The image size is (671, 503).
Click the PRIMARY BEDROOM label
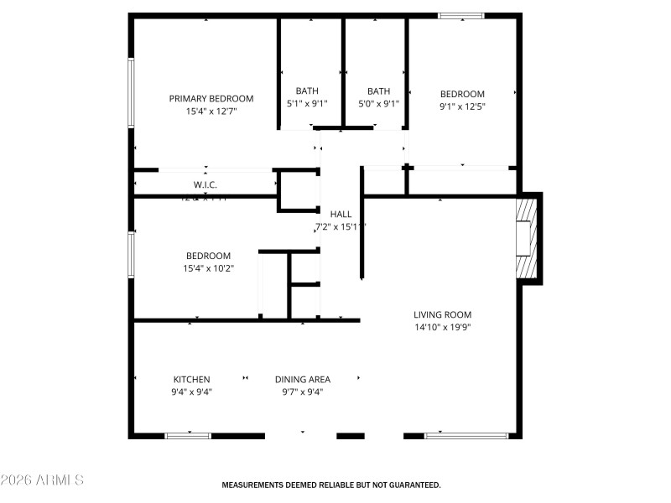(211, 98)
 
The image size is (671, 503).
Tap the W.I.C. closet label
(205, 184)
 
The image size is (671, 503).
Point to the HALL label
(341, 214)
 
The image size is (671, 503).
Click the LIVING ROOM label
(442, 314)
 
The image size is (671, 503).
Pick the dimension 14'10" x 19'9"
(442, 327)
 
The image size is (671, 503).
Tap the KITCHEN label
(191, 379)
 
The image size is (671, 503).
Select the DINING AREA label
(302, 379)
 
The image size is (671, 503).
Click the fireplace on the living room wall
(527, 237)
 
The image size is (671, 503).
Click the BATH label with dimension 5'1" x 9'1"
(307, 91)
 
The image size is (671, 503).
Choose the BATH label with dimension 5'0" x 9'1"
(378, 91)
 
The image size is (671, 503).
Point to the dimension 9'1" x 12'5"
(462, 106)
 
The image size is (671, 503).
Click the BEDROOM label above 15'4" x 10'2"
(208, 256)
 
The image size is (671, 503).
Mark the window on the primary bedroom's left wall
(131, 93)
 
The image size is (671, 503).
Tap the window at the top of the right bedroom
(461, 15)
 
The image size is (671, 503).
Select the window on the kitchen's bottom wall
(188, 435)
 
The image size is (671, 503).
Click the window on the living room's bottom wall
(466, 435)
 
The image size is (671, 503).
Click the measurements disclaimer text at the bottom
(330, 485)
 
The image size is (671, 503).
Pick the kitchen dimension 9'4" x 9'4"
(191, 392)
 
